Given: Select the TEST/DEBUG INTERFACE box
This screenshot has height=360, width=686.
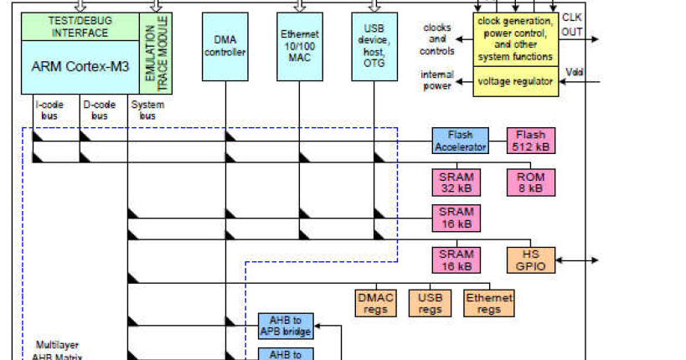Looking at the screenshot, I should tap(80, 27).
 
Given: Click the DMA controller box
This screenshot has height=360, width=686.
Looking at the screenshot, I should tap(225, 46).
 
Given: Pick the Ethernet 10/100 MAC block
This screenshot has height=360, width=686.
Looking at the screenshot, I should tap(300, 46).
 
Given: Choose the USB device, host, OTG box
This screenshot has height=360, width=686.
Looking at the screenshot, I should tap(374, 46).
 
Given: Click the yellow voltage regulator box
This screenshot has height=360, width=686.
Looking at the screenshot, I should tap(515, 81).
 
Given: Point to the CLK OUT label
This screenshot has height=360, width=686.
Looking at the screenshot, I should tap(573, 26).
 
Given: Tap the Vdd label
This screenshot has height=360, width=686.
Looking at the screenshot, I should tap(574, 72).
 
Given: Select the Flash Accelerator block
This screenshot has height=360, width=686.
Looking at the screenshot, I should tap(460, 141).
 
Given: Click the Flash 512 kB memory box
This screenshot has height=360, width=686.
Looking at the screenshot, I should tap(529, 141).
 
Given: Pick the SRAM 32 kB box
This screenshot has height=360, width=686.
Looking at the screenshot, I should tap(456, 183).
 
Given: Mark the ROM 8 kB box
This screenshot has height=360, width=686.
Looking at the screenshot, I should tap(529, 183).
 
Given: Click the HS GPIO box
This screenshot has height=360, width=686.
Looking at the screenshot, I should tap(529, 260).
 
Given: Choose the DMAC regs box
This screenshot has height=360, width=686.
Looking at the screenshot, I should tap(376, 303).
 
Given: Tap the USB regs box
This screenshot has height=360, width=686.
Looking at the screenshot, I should tap(431, 303).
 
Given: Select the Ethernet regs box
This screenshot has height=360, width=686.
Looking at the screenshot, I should tap(489, 303).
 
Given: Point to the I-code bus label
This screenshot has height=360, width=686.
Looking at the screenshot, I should tap(46, 110).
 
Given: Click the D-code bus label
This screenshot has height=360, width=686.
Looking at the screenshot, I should tap(98, 110).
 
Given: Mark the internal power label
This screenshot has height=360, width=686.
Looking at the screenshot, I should tap(436, 80).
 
